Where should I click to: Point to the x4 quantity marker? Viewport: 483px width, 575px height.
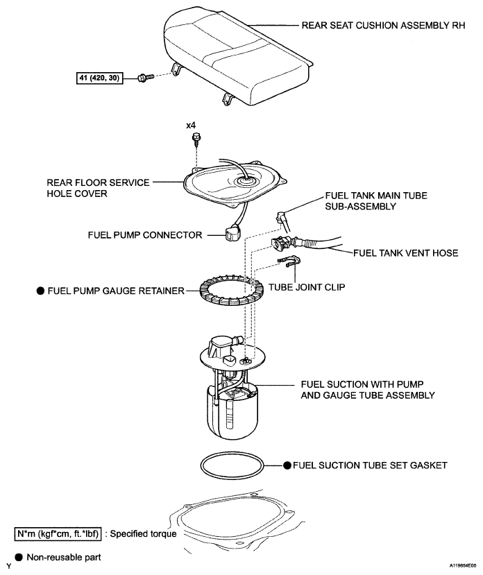[x=192, y=126]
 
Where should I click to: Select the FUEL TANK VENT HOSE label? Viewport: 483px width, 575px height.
[x=406, y=253]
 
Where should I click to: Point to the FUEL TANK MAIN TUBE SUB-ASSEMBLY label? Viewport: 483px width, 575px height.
[x=366, y=201]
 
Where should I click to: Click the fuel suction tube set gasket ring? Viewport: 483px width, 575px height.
[x=231, y=465]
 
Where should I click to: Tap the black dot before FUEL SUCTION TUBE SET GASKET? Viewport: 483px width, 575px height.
[x=287, y=465]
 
